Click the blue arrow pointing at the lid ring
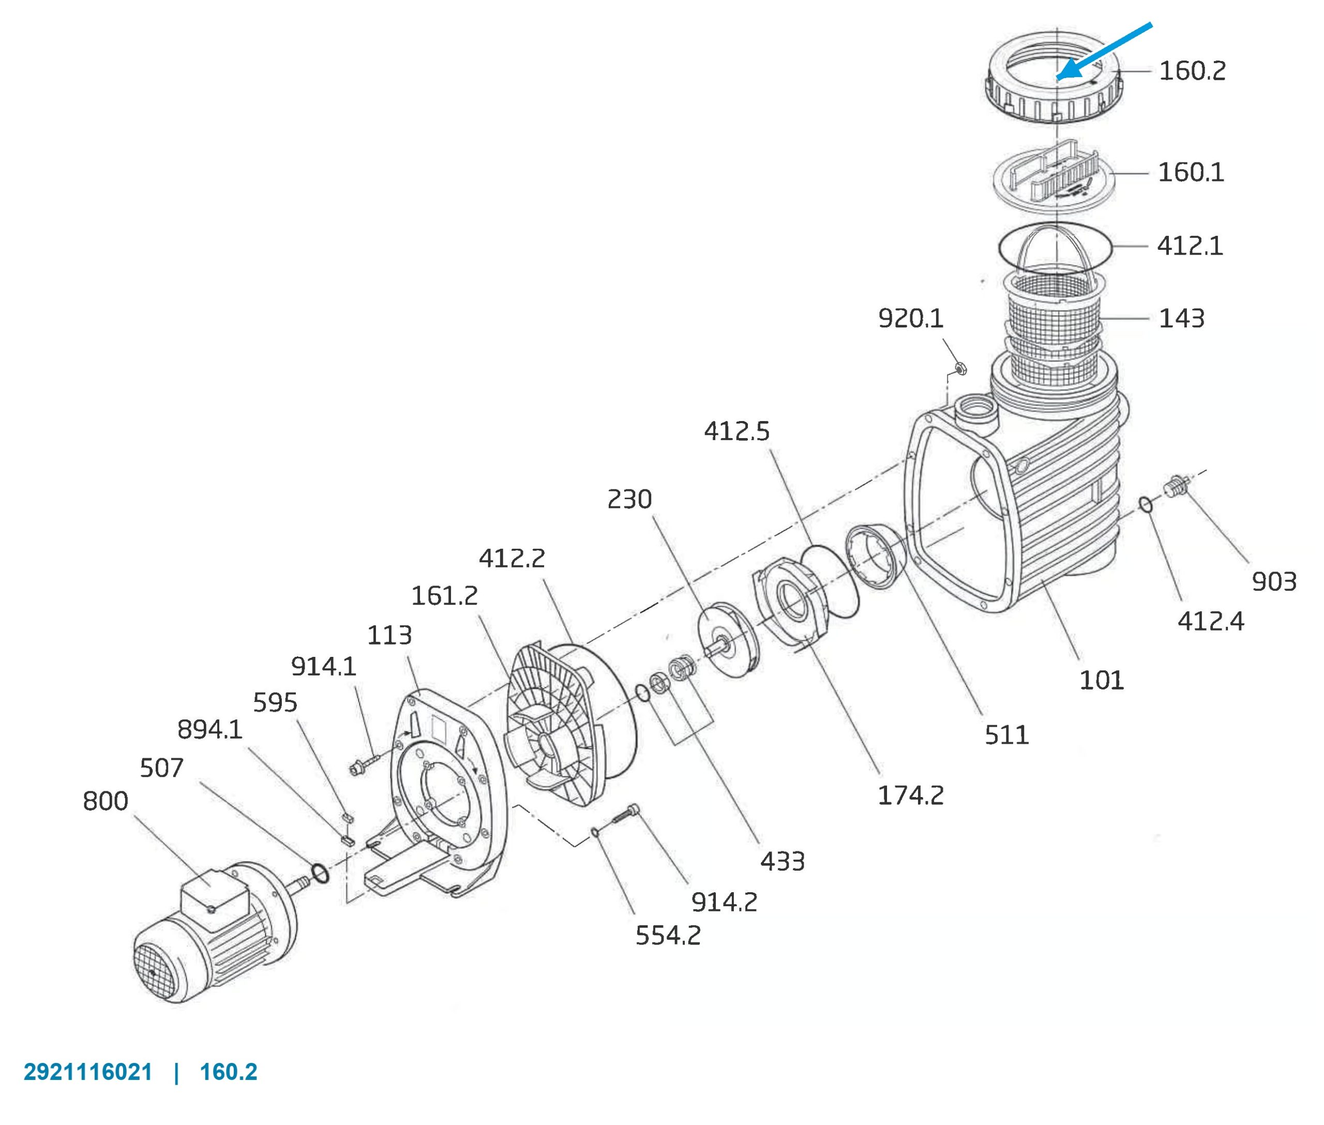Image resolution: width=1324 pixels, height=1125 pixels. point(1104,52)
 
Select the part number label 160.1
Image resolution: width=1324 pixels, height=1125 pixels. point(1191,172)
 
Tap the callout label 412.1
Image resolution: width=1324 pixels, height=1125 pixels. point(1190,246)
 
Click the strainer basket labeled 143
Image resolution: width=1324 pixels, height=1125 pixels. point(1055,325)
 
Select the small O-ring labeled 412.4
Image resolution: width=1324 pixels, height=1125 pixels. point(1146,504)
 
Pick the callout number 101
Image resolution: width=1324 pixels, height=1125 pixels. point(1102,681)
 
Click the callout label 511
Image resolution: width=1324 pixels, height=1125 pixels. point(1006,736)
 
